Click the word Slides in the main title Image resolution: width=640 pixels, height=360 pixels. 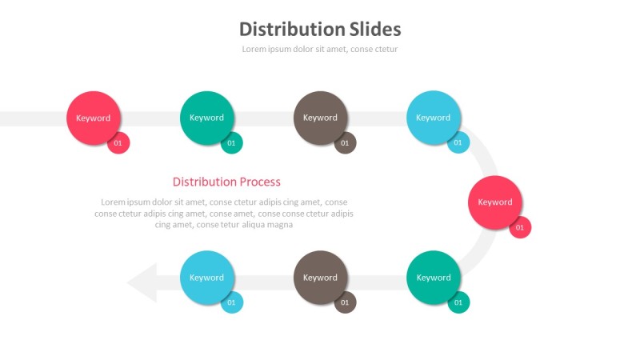click(375, 30)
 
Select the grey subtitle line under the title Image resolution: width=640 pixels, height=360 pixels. click(320, 49)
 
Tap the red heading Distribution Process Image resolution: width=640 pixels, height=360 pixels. click(226, 182)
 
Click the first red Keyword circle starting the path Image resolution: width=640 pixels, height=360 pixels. click(94, 118)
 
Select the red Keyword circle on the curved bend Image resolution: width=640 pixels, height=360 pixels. click(494, 202)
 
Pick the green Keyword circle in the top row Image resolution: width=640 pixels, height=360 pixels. click(206, 118)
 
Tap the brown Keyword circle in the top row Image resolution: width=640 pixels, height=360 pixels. click(320, 118)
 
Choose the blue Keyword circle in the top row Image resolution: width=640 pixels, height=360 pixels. click(433, 118)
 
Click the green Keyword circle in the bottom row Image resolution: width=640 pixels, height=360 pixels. click(433, 278)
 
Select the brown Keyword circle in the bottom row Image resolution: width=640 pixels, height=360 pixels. click(320, 278)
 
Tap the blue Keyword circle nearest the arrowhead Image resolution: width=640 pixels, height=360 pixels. click(206, 278)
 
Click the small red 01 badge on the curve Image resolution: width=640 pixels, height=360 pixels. click(520, 227)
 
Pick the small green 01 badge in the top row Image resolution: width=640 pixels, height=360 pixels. click(232, 143)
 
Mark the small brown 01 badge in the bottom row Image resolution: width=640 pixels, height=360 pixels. click(345, 302)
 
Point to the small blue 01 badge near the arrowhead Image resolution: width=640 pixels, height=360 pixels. click(232, 302)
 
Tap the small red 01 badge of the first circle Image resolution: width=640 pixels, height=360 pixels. click(118, 143)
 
